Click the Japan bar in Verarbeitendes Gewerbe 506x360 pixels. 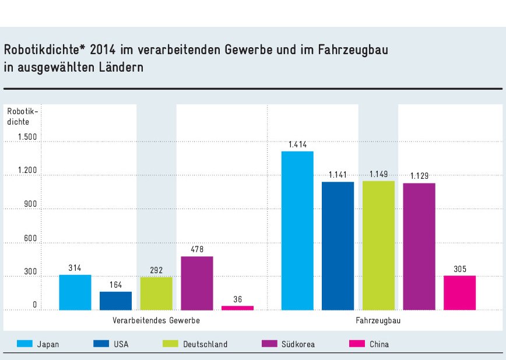point(75,292)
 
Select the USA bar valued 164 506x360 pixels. point(115,301)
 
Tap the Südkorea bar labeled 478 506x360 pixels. point(196,283)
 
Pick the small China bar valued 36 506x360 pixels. point(237,308)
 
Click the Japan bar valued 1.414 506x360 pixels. point(297,231)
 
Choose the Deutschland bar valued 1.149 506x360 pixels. point(378,245)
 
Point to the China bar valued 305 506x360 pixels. point(459,292)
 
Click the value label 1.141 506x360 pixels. point(338,174)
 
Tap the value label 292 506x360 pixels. point(156,270)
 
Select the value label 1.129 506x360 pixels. point(419,175)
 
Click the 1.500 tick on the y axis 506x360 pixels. point(27,138)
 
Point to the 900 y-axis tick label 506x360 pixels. point(31,204)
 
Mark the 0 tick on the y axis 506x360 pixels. point(35,305)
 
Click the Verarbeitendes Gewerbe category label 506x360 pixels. point(156,321)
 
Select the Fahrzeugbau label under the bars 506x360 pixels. point(378,321)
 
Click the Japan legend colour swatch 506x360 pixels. point(25,344)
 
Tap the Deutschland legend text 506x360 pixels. point(205,344)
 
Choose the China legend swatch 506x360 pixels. point(355,344)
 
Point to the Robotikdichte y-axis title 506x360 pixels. point(22,117)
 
